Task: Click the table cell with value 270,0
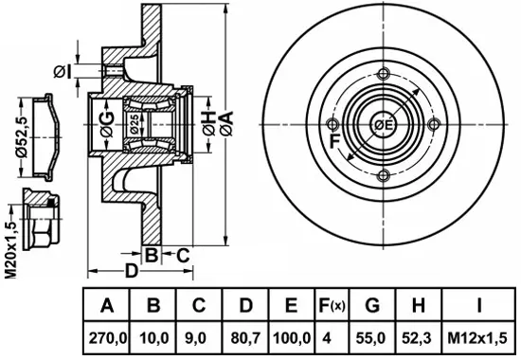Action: click(x=106, y=338)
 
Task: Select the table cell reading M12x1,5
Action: click(x=477, y=338)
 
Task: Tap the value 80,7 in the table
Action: click(x=245, y=338)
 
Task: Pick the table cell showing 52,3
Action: click(x=419, y=338)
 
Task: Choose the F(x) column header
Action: click(x=332, y=305)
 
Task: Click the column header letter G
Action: click(x=372, y=305)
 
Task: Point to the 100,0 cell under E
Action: click(x=292, y=338)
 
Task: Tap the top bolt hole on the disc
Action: click(x=384, y=74)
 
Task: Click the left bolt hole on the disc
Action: click(x=332, y=125)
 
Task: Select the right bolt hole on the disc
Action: click(x=434, y=125)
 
